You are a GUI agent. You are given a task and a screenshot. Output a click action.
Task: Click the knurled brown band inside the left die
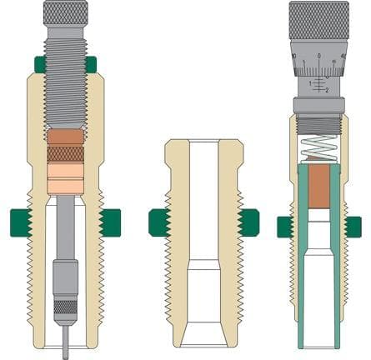(64, 154)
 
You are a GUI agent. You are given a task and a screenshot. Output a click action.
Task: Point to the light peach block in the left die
(64, 176)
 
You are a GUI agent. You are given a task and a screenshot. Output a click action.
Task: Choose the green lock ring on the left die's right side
(109, 221)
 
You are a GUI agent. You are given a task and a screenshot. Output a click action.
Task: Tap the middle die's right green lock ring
(247, 221)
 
